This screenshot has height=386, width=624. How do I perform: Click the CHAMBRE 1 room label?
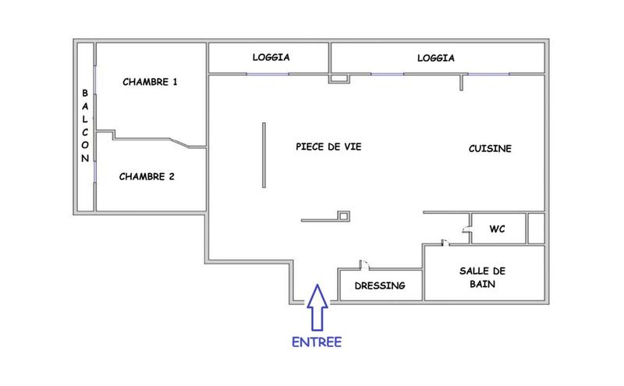pyautogui.click(x=151, y=82)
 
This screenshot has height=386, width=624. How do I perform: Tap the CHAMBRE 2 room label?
pyautogui.click(x=147, y=176)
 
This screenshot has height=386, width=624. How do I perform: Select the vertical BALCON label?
pyautogui.click(x=85, y=125)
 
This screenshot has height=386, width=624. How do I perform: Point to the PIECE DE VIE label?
pyautogui.click(x=328, y=147)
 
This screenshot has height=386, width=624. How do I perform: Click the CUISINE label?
pyautogui.click(x=490, y=148)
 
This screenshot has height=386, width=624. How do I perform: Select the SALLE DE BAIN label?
pyautogui.click(x=483, y=277)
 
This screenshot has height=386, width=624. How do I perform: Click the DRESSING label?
pyautogui.click(x=380, y=285)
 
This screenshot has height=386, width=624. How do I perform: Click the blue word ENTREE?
pyautogui.click(x=317, y=341)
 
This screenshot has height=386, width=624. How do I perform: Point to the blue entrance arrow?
pyautogui.click(x=317, y=306)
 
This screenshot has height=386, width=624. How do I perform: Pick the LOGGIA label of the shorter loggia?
pyautogui.click(x=271, y=58)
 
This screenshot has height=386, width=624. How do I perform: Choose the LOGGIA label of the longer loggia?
pyautogui.click(x=435, y=58)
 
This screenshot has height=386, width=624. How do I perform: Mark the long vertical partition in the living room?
pyautogui.click(x=264, y=154)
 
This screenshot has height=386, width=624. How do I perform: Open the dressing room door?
pyautogui.click(x=362, y=265)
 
